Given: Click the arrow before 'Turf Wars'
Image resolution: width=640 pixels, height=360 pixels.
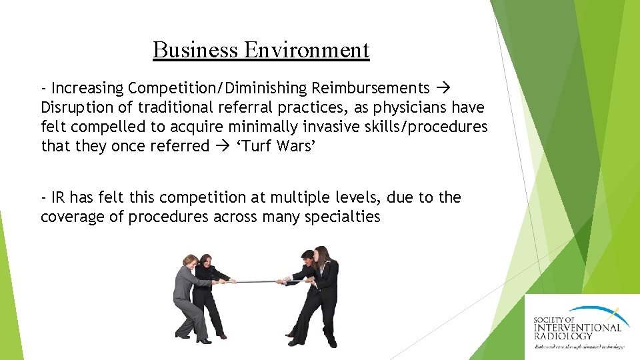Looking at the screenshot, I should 223,146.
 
